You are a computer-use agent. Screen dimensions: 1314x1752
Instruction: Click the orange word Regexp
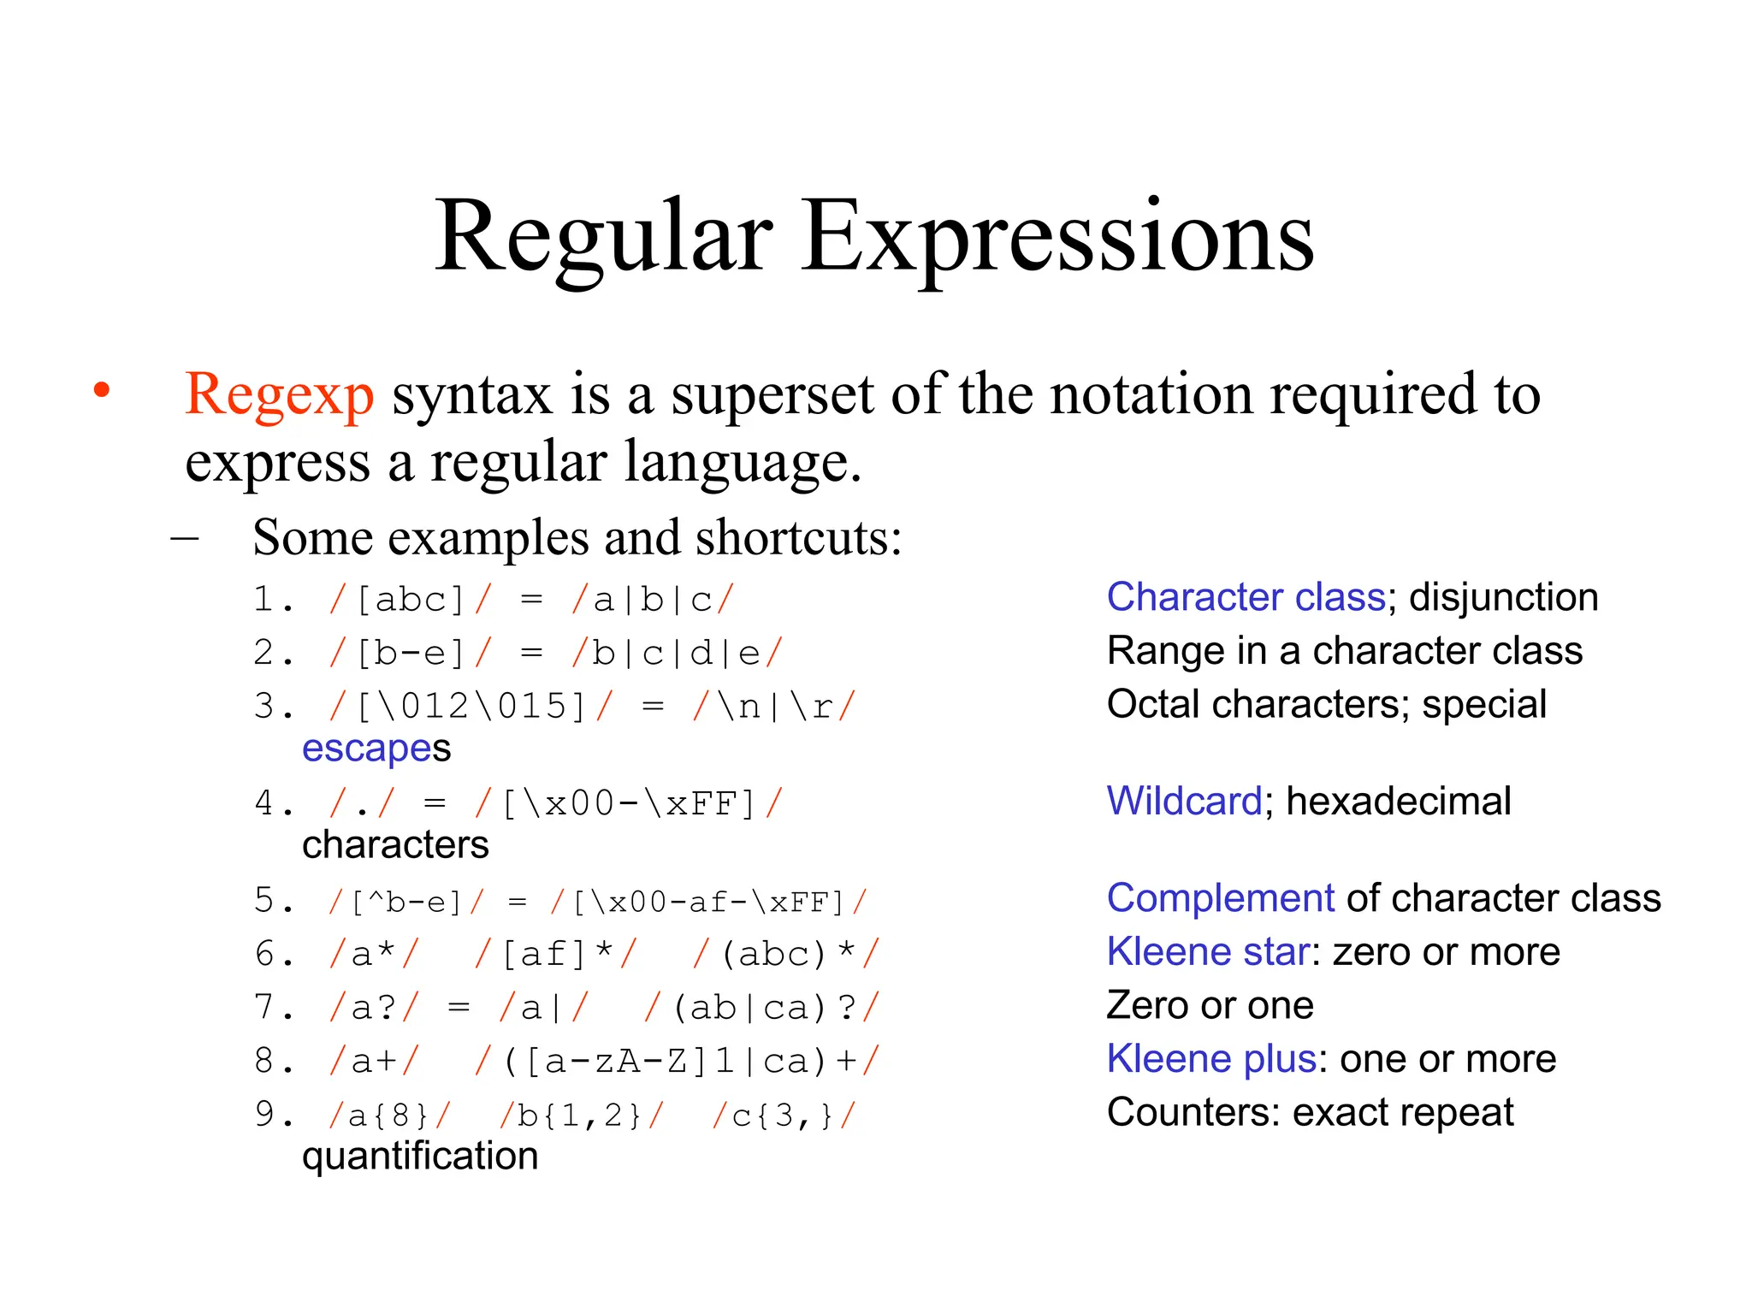pos(279,394)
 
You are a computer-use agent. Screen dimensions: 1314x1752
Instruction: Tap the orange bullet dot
pos(102,390)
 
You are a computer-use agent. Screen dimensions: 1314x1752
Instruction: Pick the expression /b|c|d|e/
pos(677,654)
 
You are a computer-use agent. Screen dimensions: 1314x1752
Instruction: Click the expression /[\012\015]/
pos(471,707)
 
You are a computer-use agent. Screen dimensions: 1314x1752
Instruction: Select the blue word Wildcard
pos(1184,802)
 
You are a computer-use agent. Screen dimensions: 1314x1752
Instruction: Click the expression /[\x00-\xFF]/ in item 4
pos(629,804)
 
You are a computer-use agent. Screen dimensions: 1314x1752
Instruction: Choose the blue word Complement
pos(1220,898)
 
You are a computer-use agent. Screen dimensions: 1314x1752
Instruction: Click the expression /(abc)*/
pos(785,954)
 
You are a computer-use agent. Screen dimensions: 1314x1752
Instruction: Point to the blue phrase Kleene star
pos(1208,952)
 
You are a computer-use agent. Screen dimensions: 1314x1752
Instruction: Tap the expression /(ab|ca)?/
pos(761,1008)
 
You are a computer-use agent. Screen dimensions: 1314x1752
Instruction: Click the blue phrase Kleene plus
pos(1211,1059)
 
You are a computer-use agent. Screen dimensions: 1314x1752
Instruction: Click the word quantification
pos(420,1157)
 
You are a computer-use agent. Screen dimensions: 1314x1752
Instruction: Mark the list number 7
pos(265,1008)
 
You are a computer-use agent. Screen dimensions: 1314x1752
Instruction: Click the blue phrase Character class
pos(1246,597)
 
